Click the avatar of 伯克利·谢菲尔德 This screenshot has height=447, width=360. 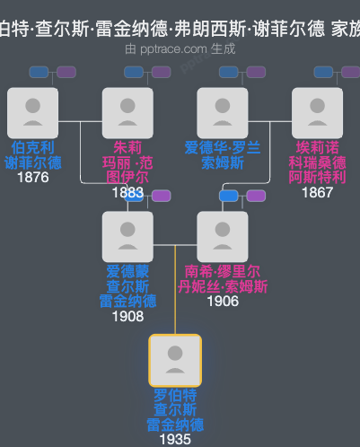[32, 113]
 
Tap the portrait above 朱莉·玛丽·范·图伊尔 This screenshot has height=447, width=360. [127, 113]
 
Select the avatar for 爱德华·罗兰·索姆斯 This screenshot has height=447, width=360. [223, 113]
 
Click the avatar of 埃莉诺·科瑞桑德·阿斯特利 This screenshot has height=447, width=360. [317, 113]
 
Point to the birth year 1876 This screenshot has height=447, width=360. [32, 178]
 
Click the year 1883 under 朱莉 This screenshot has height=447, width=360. [127, 192]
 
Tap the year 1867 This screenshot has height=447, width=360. [317, 192]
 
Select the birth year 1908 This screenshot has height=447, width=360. [127, 316]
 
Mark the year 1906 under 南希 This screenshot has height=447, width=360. [223, 302]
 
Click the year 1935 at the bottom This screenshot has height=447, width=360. [175, 440]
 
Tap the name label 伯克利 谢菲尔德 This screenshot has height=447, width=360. [32, 154]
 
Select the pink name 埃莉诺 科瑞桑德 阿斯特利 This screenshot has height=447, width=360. [317, 162]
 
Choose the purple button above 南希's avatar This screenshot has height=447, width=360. [256, 196]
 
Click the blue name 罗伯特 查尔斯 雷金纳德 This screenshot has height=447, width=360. [175, 409]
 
